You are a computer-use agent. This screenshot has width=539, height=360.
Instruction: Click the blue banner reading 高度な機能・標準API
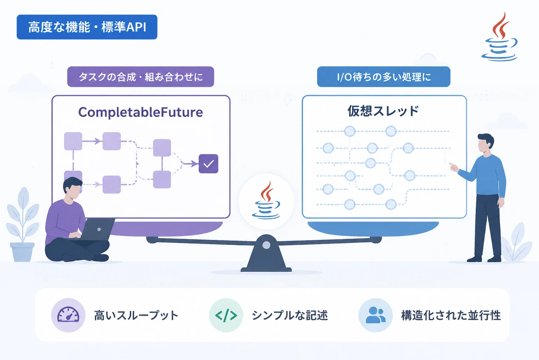pyautogui.click(x=87, y=27)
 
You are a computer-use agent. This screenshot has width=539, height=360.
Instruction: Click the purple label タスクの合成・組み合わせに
pyautogui.click(x=140, y=77)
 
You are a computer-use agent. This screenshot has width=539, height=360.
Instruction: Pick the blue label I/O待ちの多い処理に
pyautogui.click(x=384, y=77)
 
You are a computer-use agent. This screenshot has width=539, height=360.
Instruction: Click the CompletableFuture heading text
pyautogui.click(x=140, y=112)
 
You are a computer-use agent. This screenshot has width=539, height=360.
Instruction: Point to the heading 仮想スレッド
pyautogui.click(x=383, y=111)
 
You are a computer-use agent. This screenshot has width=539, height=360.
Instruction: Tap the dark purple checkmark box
pyautogui.click(x=208, y=164)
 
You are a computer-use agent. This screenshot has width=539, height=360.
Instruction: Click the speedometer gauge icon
pyautogui.click(x=68, y=315)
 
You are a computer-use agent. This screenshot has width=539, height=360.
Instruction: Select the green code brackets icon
pyautogui.click(x=226, y=315)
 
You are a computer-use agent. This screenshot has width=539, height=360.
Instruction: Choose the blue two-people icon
pyautogui.click(x=375, y=315)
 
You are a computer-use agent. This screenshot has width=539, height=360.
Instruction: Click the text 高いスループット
pyautogui.click(x=136, y=315)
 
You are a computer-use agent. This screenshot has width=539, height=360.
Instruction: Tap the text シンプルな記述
pyautogui.click(x=290, y=315)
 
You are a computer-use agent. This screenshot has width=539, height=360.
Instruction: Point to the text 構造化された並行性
pyautogui.click(x=451, y=315)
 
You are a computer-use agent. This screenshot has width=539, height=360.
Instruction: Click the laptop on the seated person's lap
pyautogui.click(x=96, y=230)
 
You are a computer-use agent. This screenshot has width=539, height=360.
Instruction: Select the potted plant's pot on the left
pyautogui.click(x=22, y=252)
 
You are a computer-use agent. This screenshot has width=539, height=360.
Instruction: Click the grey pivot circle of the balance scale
pyautogui.click(x=266, y=245)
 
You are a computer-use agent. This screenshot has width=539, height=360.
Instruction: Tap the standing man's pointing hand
pyautogui.click(x=454, y=167)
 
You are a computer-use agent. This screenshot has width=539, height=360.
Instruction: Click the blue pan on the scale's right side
pyautogui.click(x=373, y=229)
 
